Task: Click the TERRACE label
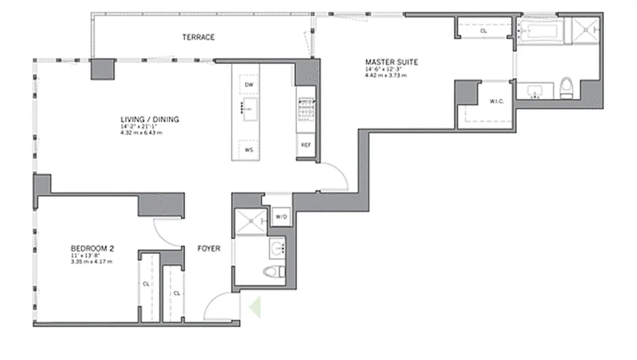coord(198,37)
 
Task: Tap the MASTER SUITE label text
coord(391,62)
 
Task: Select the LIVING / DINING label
coord(149,119)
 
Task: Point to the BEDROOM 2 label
coord(92,248)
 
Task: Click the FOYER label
coord(209,248)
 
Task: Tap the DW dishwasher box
coord(248,85)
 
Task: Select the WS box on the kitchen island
coord(248,150)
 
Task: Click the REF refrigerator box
coord(306,146)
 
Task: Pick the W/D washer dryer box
coord(281,217)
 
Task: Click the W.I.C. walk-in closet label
coord(496,101)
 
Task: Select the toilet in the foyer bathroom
coord(274,271)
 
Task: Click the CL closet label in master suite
coord(483,31)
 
